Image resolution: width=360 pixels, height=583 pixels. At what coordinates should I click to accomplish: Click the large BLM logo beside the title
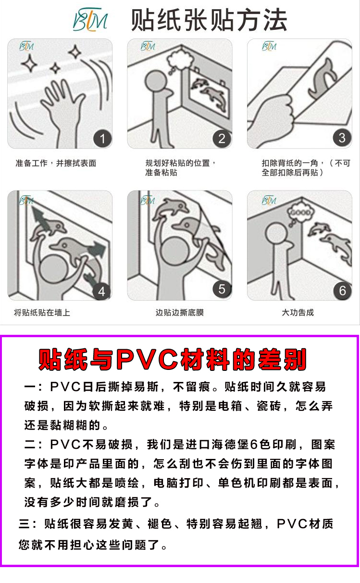coord(90,20)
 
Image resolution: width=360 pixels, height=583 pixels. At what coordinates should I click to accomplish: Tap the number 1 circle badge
coord(102,139)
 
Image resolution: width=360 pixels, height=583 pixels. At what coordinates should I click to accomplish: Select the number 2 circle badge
coord(222,138)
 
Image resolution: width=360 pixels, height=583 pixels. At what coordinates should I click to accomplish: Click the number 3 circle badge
coord(342,138)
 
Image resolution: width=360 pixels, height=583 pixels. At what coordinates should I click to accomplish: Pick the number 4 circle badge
coord(102,291)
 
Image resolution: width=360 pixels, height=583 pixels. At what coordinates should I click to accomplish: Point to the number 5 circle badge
coord(222,289)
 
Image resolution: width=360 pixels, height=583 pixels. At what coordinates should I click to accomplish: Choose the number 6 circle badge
coord(342,291)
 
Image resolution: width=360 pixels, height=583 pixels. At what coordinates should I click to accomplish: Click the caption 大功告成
coord(298,312)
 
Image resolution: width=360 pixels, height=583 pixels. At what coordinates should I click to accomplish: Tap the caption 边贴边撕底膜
coord(180,312)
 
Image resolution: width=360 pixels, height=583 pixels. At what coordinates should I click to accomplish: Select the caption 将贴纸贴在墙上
coord(42,312)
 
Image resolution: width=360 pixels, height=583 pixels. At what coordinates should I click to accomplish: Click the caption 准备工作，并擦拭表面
coord(56,163)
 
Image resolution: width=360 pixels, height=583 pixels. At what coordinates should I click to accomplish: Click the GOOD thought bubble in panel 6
coord(300,213)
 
